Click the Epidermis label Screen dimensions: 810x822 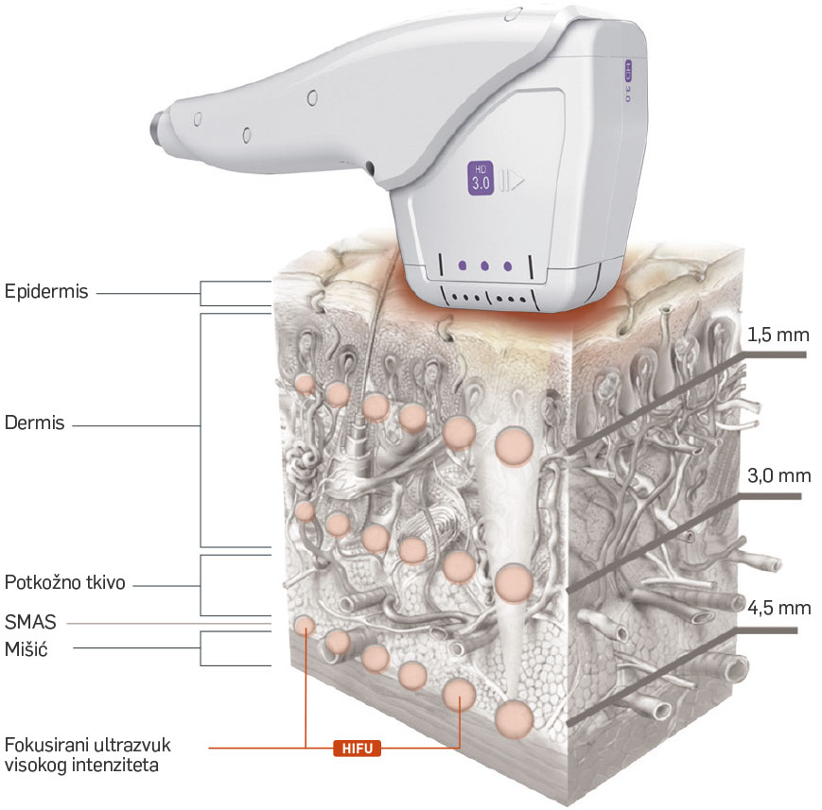[46, 292]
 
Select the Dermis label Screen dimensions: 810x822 [34, 423]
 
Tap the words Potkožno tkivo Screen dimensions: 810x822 [65, 581]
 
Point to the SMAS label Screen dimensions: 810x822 [31, 622]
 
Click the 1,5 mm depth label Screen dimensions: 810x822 [778, 336]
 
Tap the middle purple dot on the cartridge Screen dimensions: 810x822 [484, 267]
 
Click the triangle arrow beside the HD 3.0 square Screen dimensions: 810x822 [514, 181]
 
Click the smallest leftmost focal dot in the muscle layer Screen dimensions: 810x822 [305, 625]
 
